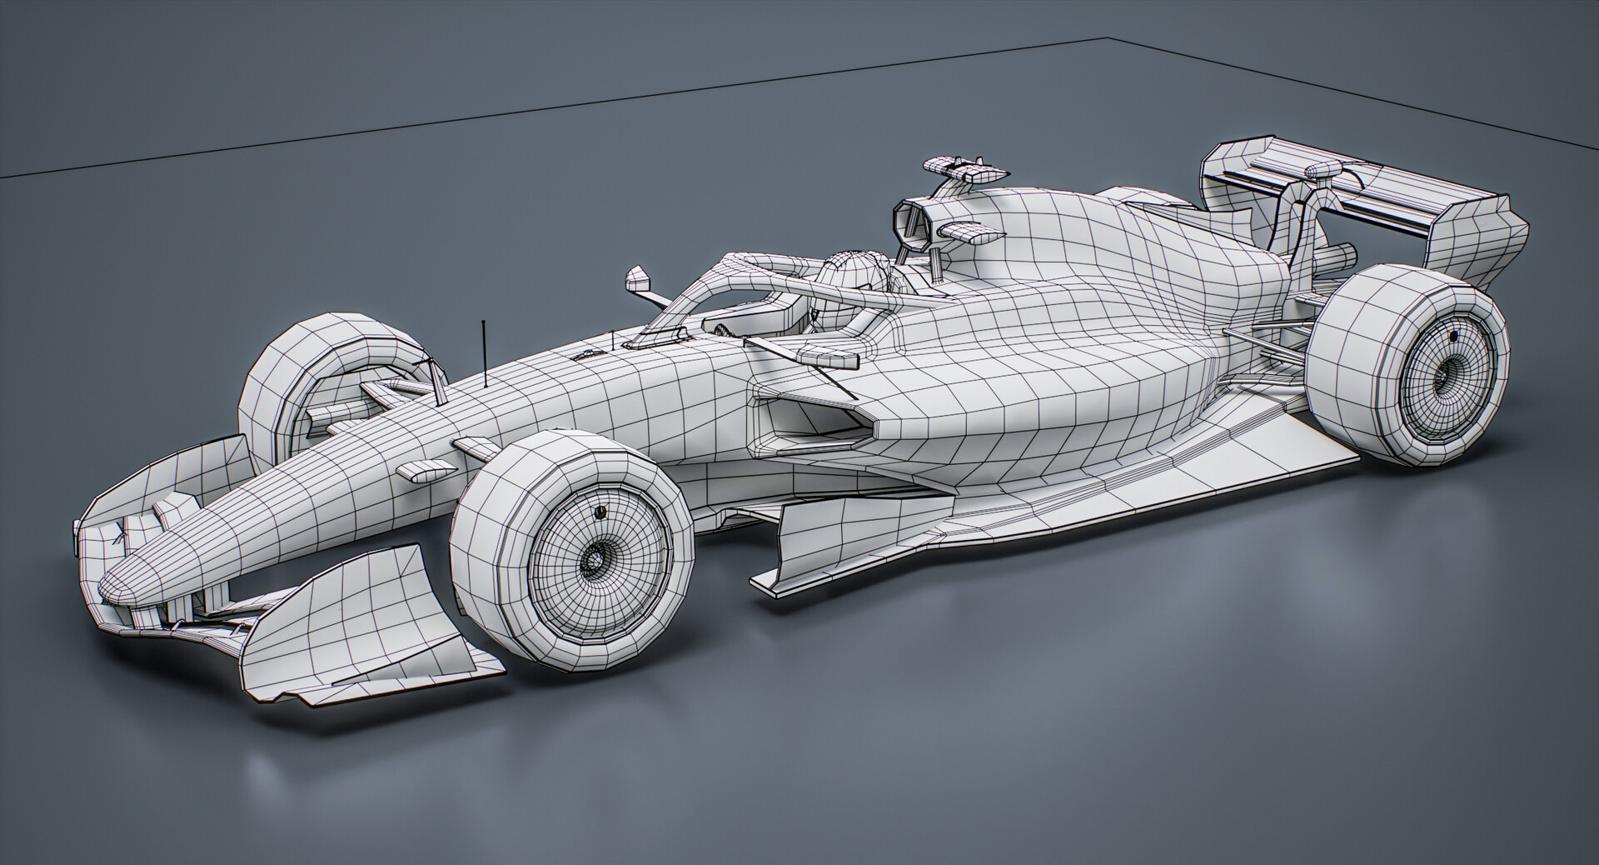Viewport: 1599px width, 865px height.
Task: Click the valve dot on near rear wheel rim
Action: click(1453, 336)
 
